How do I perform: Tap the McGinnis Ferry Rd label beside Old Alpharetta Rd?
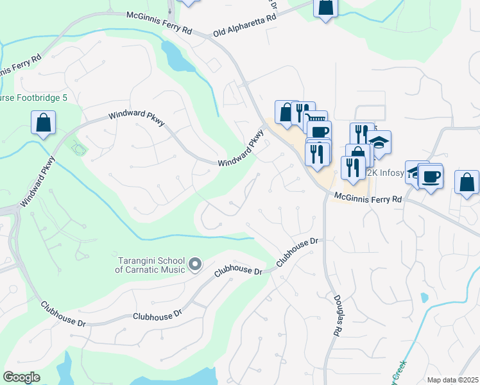pyautogui.click(x=160, y=22)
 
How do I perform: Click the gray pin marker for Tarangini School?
pyautogui.click(x=196, y=264)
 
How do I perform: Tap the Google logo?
pyautogui.click(x=21, y=377)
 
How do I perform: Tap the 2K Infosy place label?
pyautogui.click(x=385, y=173)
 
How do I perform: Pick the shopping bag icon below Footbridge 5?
pyautogui.click(x=43, y=123)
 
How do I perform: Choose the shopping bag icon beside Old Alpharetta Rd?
pyautogui.click(x=325, y=8)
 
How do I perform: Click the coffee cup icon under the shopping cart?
pyautogui.click(x=319, y=132)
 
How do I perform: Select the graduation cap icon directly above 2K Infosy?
pyautogui.click(x=379, y=142)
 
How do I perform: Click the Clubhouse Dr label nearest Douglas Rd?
pyautogui.click(x=298, y=253)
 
